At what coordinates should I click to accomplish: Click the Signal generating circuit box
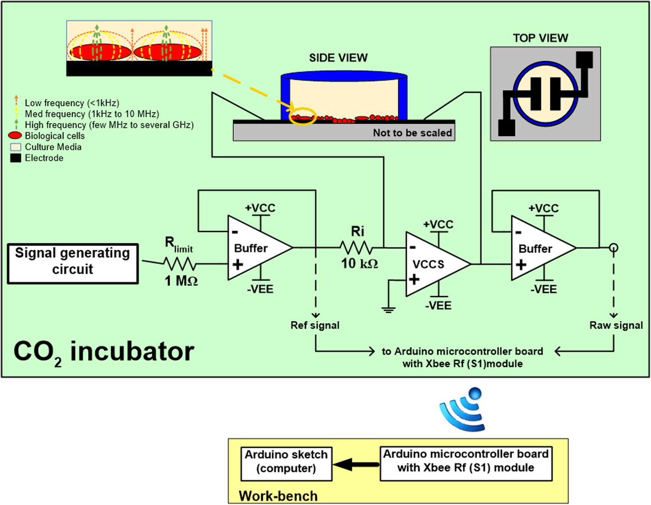pyautogui.click(x=73, y=264)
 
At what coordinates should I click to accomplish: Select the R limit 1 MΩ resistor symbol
pyautogui.click(x=180, y=264)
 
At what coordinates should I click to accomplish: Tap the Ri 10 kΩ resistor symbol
pyautogui.click(x=356, y=248)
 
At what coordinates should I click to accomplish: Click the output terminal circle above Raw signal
pyautogui.click(x=613, y=248)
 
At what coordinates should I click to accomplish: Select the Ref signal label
pyautogui.click(x=315, y=325)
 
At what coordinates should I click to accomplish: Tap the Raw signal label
pyautogui.click(x=616, y=325)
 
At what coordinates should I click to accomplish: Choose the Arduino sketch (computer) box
pyautogui.click(x=286, y=464)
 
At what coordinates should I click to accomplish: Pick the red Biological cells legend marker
pyautogui.click(x=15, y=136)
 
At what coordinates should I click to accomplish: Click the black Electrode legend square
pyautogui.click(x=16, y=158)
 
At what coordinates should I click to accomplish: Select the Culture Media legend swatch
pyautogui.click(x=16, y=147)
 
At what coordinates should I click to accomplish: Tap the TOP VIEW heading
pyautogui.click(x=540, y=38)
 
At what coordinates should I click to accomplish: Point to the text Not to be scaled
pyautogui.click(x=412, y=133)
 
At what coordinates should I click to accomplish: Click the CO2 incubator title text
pyautogui.click(x=104, y=353)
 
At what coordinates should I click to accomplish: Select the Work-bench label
pyautogui.click(x=278, y=496)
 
